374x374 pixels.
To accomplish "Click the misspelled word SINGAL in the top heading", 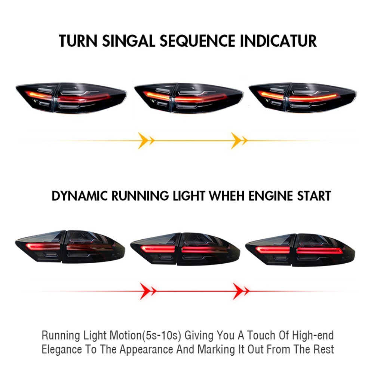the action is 128,41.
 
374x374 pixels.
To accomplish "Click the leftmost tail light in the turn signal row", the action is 71,98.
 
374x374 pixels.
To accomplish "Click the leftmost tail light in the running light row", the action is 70,247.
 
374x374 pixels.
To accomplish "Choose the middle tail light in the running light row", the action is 185,249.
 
